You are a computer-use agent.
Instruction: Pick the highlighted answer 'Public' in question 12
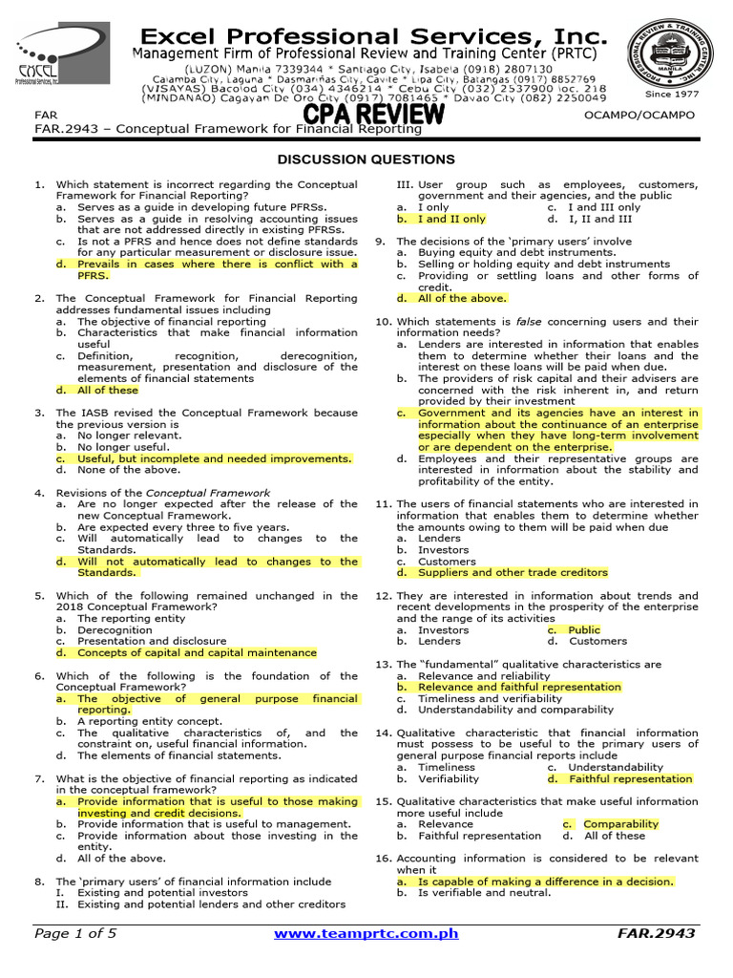click(x=584, y=630)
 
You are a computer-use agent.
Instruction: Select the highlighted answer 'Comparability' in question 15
click(x=620, y=824)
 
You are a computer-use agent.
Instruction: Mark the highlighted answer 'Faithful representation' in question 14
click(x=630, y=779)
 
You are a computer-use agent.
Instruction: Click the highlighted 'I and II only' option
click(x=451, y=219)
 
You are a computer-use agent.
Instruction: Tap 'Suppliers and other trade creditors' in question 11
click(x=513, y=573)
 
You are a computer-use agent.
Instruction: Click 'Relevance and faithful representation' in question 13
click(x=519, y=687)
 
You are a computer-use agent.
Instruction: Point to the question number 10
click(x=383, y=322)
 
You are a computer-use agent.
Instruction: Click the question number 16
click(x=383, y=859)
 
